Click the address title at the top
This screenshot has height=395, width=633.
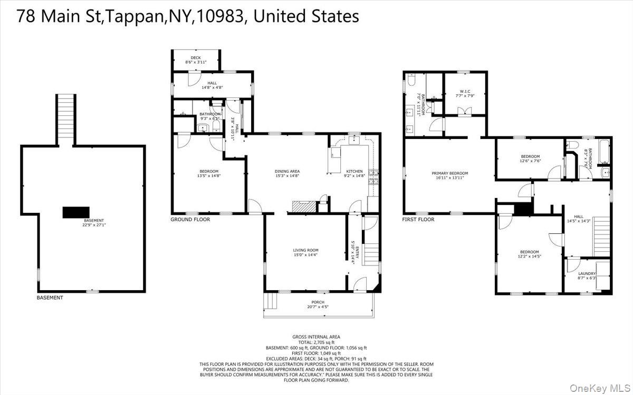(188, 16)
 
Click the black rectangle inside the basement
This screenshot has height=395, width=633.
(73, 212)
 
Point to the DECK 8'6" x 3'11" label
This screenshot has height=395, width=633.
(195, 60)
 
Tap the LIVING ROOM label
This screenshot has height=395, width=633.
(305, 253)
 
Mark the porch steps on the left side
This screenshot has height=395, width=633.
(271, 301)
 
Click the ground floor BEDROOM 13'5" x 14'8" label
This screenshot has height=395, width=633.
(209, 173)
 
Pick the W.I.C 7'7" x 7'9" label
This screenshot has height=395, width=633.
(465, 93)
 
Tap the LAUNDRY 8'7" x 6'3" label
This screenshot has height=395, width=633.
(587, 275)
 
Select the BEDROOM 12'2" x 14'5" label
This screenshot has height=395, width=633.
(530, 254)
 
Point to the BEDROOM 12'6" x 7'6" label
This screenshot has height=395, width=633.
(530, 159)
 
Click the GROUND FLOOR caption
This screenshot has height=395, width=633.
(190, 220)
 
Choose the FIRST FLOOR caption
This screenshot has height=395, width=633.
(418, 220)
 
